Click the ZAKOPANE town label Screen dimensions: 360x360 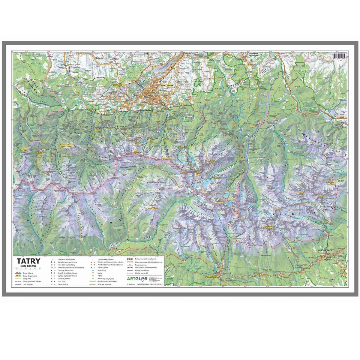(167, 85)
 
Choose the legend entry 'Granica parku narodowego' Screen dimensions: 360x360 (107, 281)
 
